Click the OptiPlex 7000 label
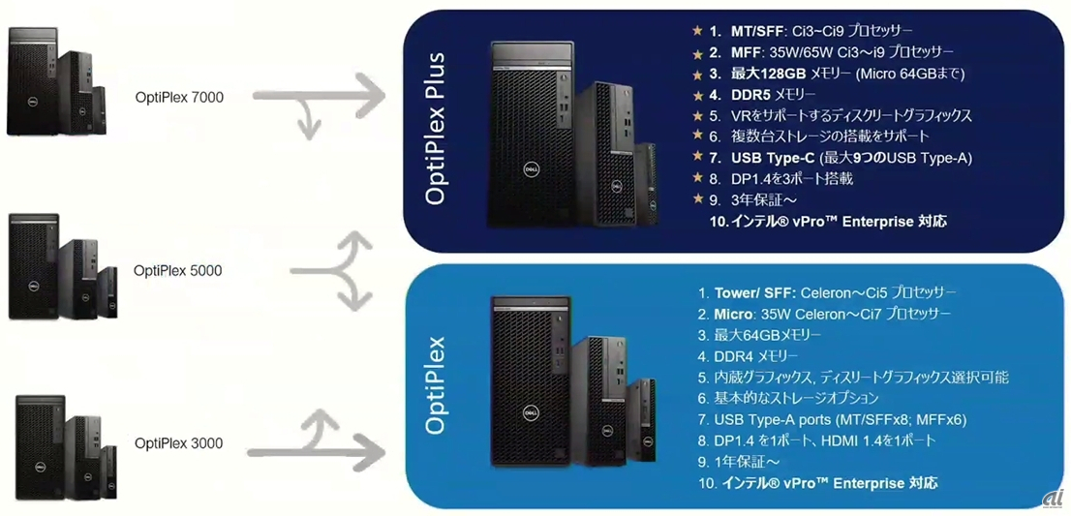[179, 97]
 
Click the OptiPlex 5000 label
[177, 271]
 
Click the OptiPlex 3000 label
[179, 443]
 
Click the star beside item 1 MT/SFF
[697, 31]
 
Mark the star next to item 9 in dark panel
[697, 200]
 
